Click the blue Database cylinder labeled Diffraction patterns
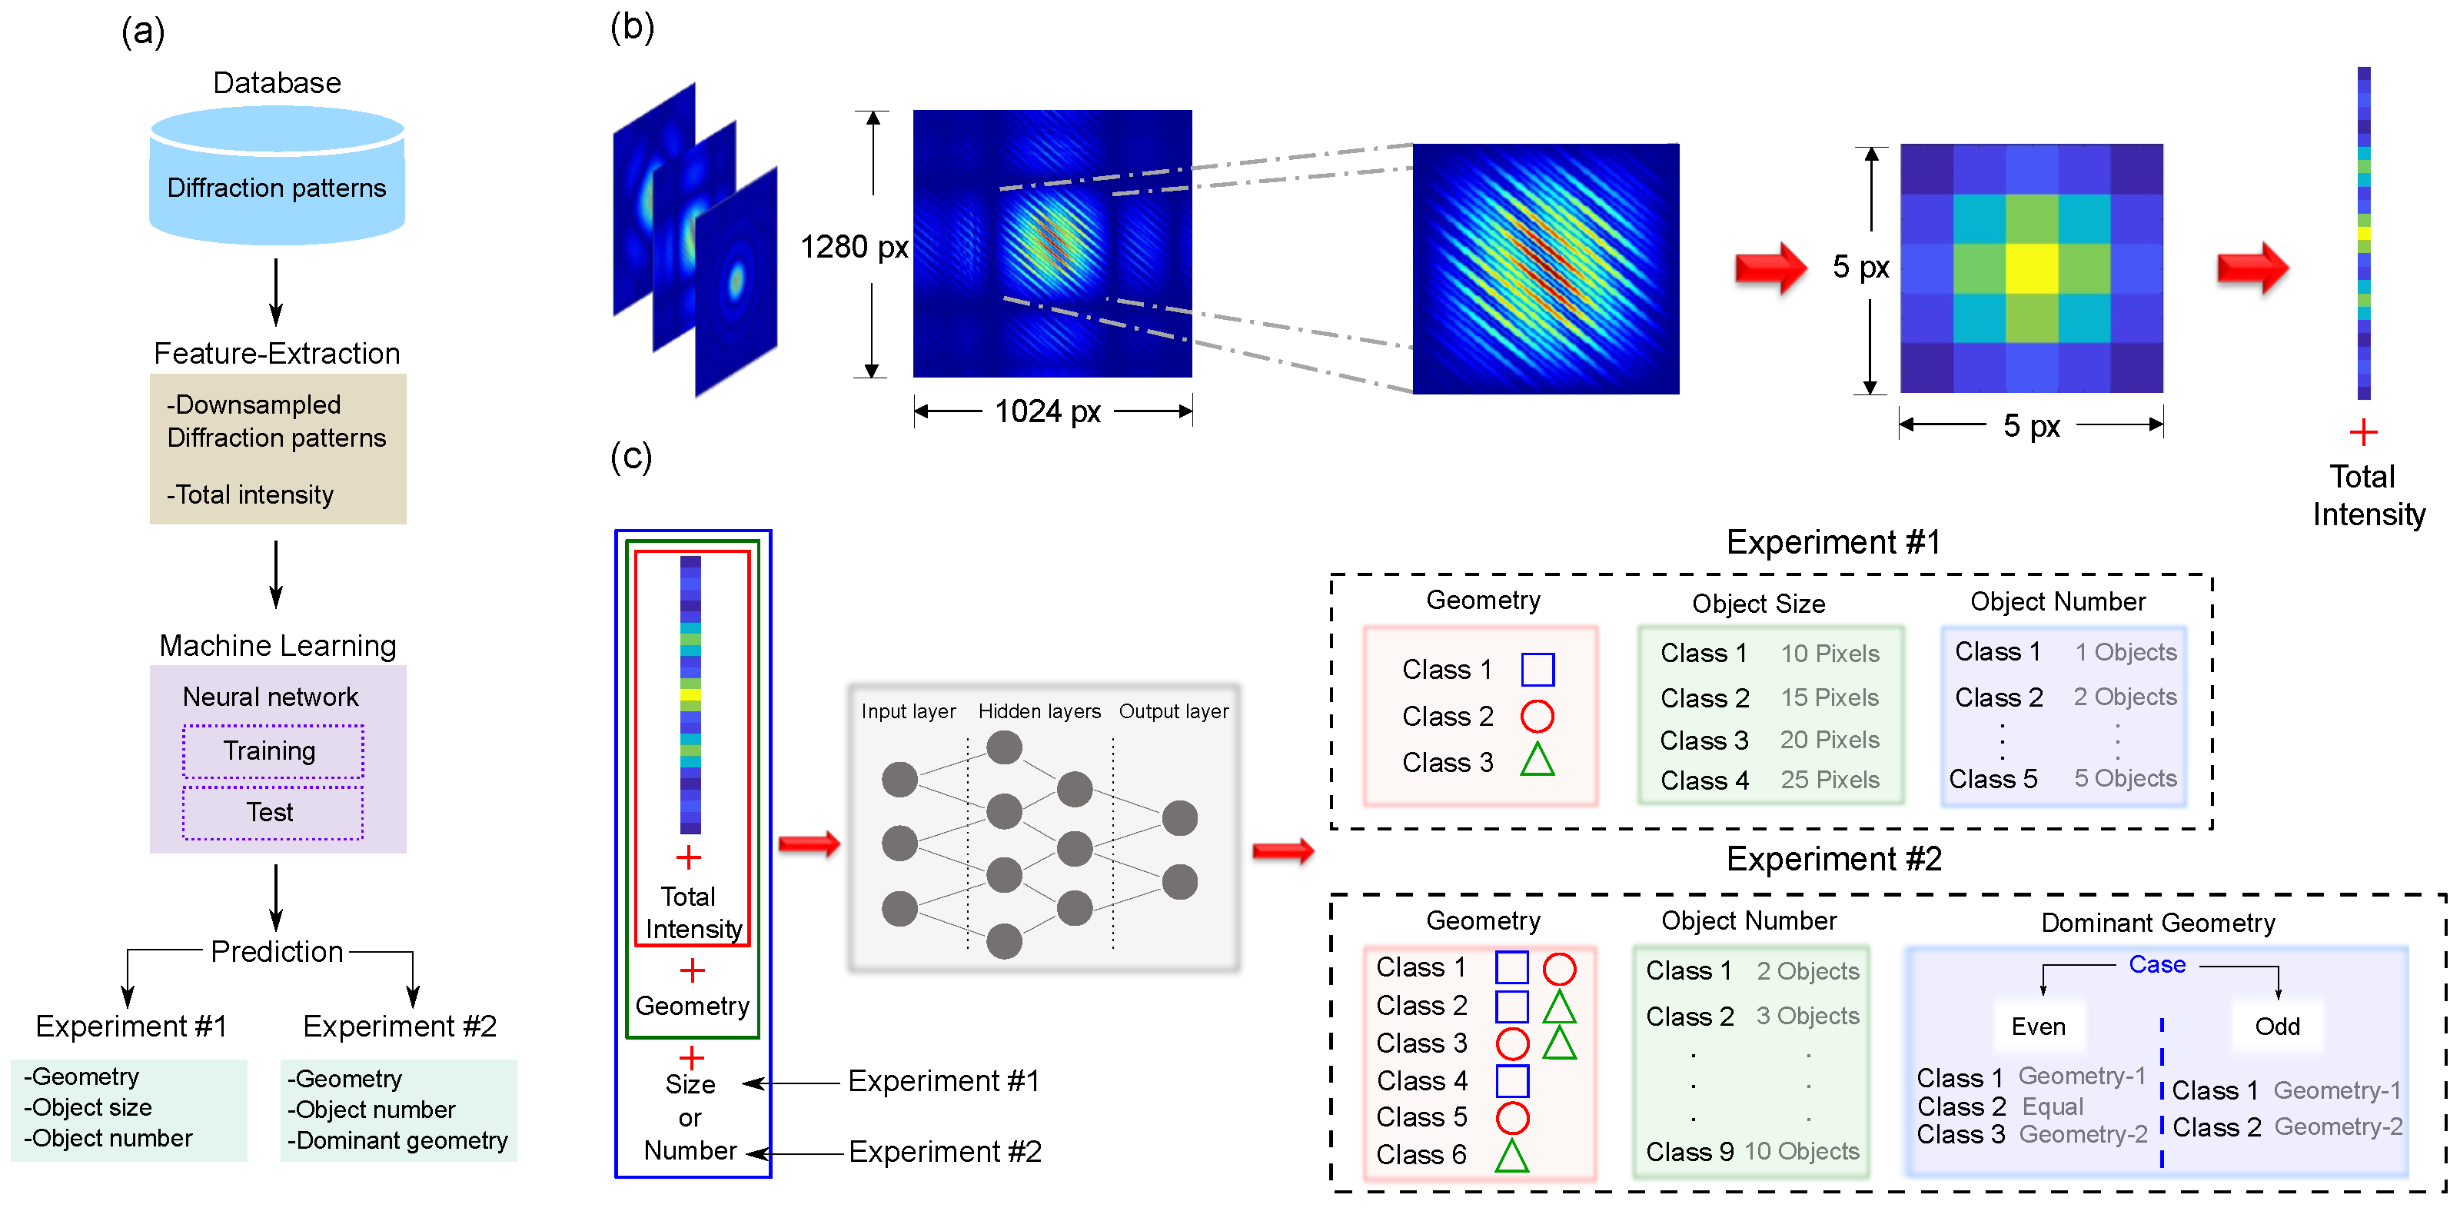tap(277, 177)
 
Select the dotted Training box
tap(272, 751)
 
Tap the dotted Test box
tap(272, 813)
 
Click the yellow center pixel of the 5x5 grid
tap(2031, 268)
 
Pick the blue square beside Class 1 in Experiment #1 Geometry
tap(1537, 670)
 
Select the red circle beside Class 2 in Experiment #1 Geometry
tap(1537, 716)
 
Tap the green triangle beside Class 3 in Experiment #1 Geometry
tap(1537, 761)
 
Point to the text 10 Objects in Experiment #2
tap(1801, 1152)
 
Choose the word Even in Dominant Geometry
tap(2038, 1027)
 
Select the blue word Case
tap(2156, 964)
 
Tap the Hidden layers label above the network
tap(1039, 711)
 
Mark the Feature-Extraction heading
tap(277, 354)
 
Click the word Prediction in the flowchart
tap(277, 951)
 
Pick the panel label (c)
tap(631, 457)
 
